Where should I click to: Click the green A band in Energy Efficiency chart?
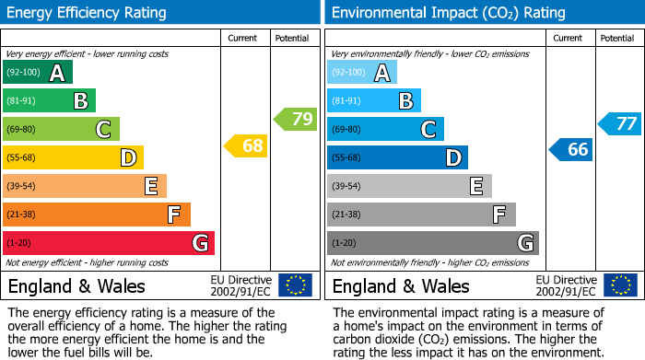[x=37, y=73]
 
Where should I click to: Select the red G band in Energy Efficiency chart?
[x=108, y=243]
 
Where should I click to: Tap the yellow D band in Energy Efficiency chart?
[x=73, y=157]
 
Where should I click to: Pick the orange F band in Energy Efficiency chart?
[x=96, y=215]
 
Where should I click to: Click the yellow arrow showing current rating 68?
[x=246, y=145]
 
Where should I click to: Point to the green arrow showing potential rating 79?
[x=295, y=119]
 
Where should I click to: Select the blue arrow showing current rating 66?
[x=570, y=149]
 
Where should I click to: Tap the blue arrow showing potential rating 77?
[x=619, y=123]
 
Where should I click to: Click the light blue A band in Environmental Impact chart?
[x=361, y=73]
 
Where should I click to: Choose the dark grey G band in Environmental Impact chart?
[x=432, y=243]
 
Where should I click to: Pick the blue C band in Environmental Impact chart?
[x=385, y=129]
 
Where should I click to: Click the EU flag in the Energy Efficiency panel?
[x=295, y=285]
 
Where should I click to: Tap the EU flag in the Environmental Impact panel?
[x=620, y=285]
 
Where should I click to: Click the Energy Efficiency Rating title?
[x=88, y=13]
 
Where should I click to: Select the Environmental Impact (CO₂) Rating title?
[x=447, y=13]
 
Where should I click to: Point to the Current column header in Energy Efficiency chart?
[x=243, y=38]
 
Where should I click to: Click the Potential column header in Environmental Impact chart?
[x=617, y=38]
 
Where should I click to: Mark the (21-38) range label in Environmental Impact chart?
[x=346, y=215]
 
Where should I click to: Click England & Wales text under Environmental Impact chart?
[x=401, y=285]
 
